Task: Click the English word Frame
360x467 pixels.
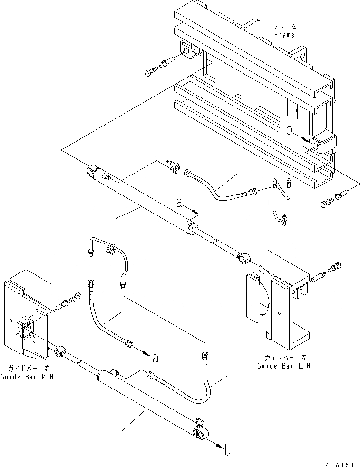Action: pyautogui.click(x=284, y=35)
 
